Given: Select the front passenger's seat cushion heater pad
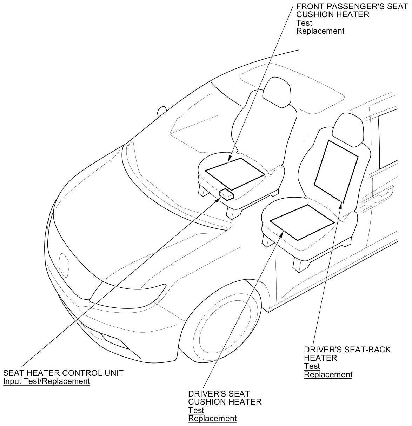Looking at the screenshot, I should pyautogui.click(x=235, y=172).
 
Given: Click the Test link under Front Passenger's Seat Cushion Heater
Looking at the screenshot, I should pyautogui.click(x=304, y=23).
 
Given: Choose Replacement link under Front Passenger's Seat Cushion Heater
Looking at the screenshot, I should pyautogui.click(x=320, y=31).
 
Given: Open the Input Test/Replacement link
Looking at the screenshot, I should pyautogui.click(x=47, y=381).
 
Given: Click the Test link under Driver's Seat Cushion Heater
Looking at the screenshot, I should pyautogui.click(x=196, y=410).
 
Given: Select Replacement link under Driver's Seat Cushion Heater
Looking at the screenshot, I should pyautogui.click(x=212, y=418).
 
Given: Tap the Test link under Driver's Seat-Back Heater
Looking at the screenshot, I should pyautogui.click(x=312, y=366).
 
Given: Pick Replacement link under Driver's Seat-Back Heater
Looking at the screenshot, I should pyautogui.click(x=328, y=374).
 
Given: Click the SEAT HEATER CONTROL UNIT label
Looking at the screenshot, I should pyautogui.click(x=63, y=373).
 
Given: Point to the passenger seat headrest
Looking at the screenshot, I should pyautogui.click(x=276, y=92).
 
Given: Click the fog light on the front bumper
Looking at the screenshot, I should pyautogui.click(x=112, y=339).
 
